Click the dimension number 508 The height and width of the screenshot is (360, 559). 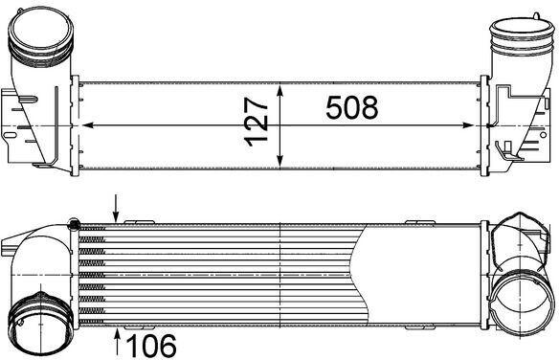pyautogui.click(x=352, y=107)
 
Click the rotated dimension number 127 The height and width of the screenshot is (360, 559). pyautogui.click(x=257, y=122)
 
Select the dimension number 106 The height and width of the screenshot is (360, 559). pyautogui.click(x=151, y=345)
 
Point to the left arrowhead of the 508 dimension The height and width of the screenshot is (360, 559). pyautogui.click(x=88, y=125)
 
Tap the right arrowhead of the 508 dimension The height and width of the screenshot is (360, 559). pyautogui.click(x=468, y=125)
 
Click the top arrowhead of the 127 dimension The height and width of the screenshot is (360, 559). pyautogui.click(x=280, y=91)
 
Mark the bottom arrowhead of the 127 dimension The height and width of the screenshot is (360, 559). pyautogui.click(x=280, y=161)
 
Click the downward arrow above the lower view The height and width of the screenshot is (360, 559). pyautogui.click(x=116, y=208)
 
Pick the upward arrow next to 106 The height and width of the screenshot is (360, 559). pyautogui.click(x=117, y=343)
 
